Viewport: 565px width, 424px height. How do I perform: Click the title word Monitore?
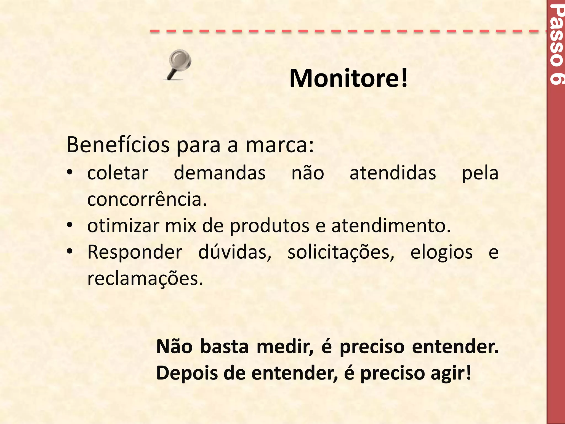click(348, 78)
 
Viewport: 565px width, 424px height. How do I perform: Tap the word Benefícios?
click(118, 145)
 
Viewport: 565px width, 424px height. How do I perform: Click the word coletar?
click(118, 173)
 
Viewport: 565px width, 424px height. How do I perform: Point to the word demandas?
click(220, 173)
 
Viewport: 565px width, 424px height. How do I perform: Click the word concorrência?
click(147, 199)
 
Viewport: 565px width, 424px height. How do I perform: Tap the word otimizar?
click(123, 226)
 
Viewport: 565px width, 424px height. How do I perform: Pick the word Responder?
click(135, 252)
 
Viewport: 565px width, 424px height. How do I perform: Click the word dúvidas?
click(235, 252)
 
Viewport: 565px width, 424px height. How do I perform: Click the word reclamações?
click(145, 279)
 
